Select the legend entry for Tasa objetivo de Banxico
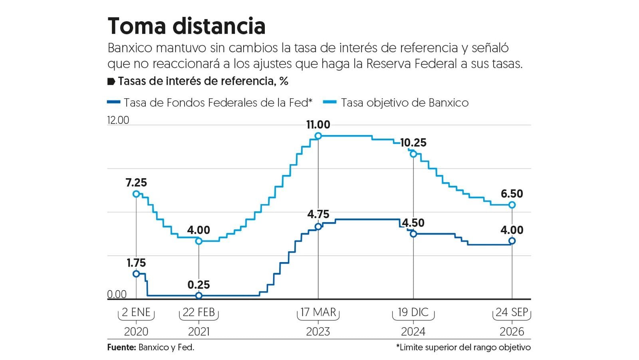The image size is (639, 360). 396,103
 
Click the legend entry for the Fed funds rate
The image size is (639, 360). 210,103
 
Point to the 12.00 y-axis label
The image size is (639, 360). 118,120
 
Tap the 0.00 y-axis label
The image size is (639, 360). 117,294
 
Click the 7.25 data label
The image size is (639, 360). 136,183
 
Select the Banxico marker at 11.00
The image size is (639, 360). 318,136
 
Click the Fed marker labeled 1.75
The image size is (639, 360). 136,274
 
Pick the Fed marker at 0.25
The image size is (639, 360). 199,296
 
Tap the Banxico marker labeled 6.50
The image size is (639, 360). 512,205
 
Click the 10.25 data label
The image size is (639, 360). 413,143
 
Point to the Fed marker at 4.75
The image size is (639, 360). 318,227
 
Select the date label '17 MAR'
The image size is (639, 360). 318,312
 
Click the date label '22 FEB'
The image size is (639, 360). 199,312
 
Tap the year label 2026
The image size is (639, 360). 512,332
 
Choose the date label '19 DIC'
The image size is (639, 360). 413,312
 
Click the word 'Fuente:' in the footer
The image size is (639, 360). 122,348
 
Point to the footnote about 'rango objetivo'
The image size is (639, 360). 464,348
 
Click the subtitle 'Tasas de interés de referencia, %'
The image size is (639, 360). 203,82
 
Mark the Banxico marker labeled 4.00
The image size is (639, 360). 199,241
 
